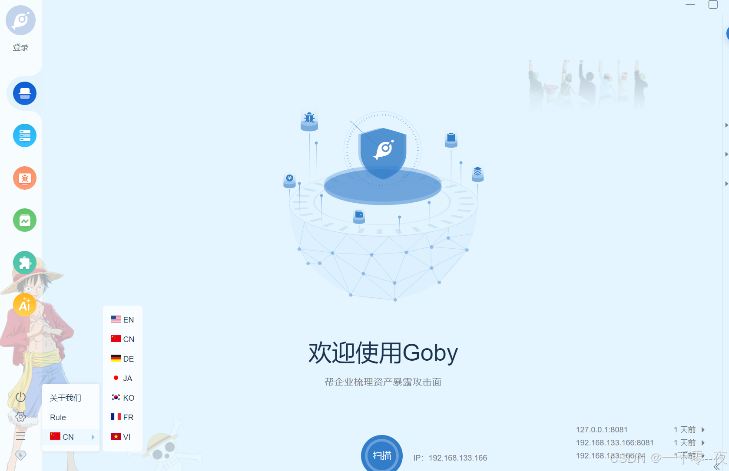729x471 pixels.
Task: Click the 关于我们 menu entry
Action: [x=66, y=398]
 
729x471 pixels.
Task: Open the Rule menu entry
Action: [x=58, y=417]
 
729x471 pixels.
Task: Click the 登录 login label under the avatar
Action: [x=20, y=47]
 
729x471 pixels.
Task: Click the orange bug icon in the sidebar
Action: [x=25, y=178]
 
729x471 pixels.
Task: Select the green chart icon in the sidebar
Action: [x=25, y=220]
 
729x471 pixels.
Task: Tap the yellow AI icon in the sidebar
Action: [x=25, y=305]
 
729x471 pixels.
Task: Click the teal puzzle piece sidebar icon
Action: [x=25, y=263]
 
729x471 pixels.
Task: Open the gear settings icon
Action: [x=20, y=417]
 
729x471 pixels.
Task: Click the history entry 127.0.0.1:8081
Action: [x=602, y=429]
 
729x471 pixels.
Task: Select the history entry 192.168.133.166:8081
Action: [x=615, y=442]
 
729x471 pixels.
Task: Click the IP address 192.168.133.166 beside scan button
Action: [x=457, y=458]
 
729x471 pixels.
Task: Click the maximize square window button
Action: [x=713, y=5]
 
